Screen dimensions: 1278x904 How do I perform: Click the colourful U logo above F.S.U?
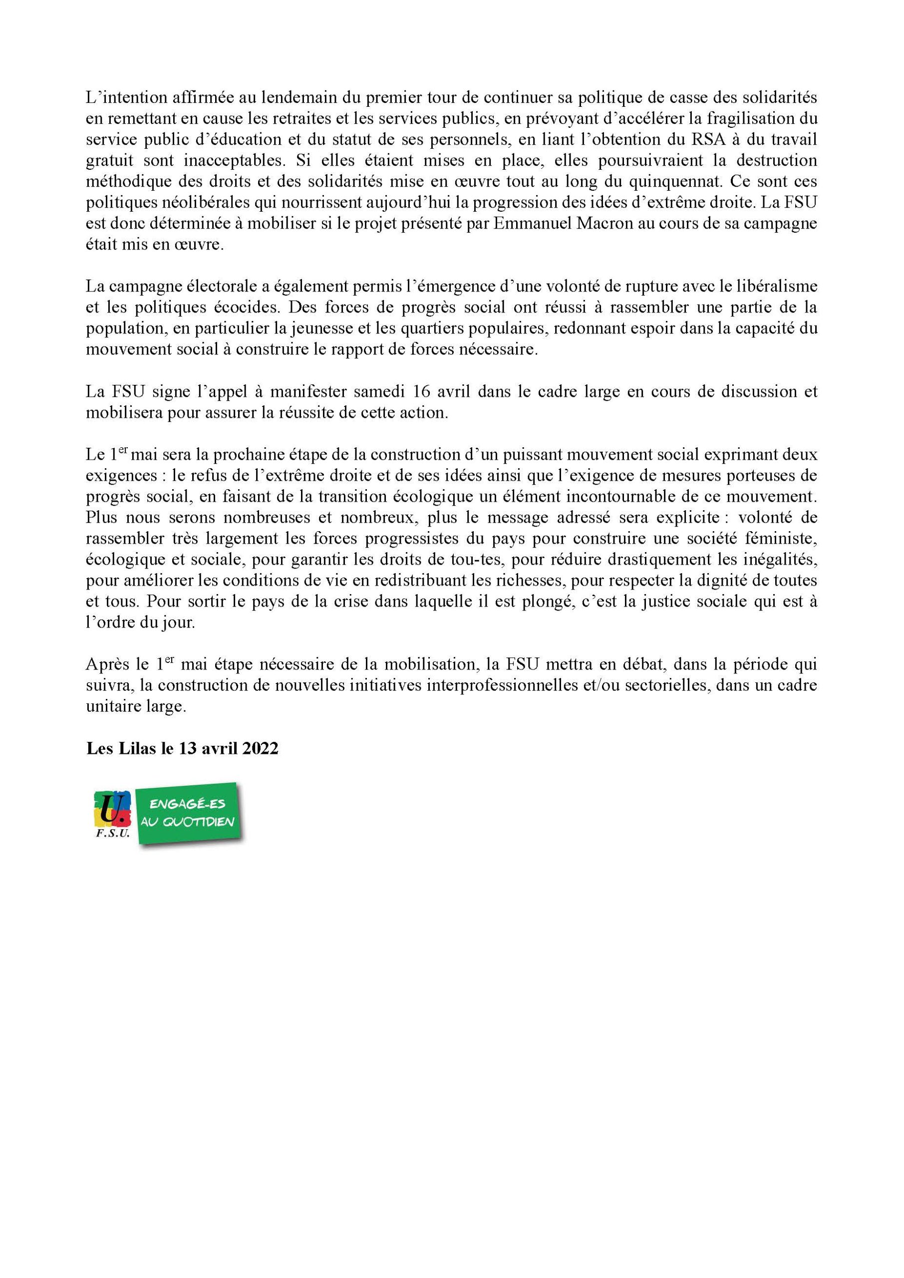point(113,810)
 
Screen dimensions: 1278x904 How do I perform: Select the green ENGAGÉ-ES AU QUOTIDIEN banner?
point(188,814)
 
